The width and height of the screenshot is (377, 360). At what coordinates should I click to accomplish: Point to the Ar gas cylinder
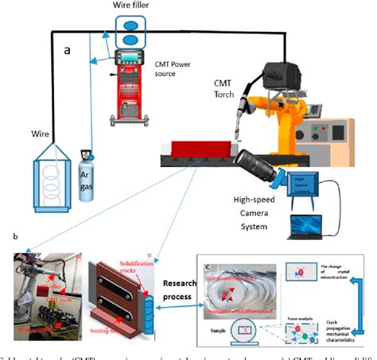pos(88,174)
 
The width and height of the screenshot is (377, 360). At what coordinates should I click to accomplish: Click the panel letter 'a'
pos(68,50)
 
